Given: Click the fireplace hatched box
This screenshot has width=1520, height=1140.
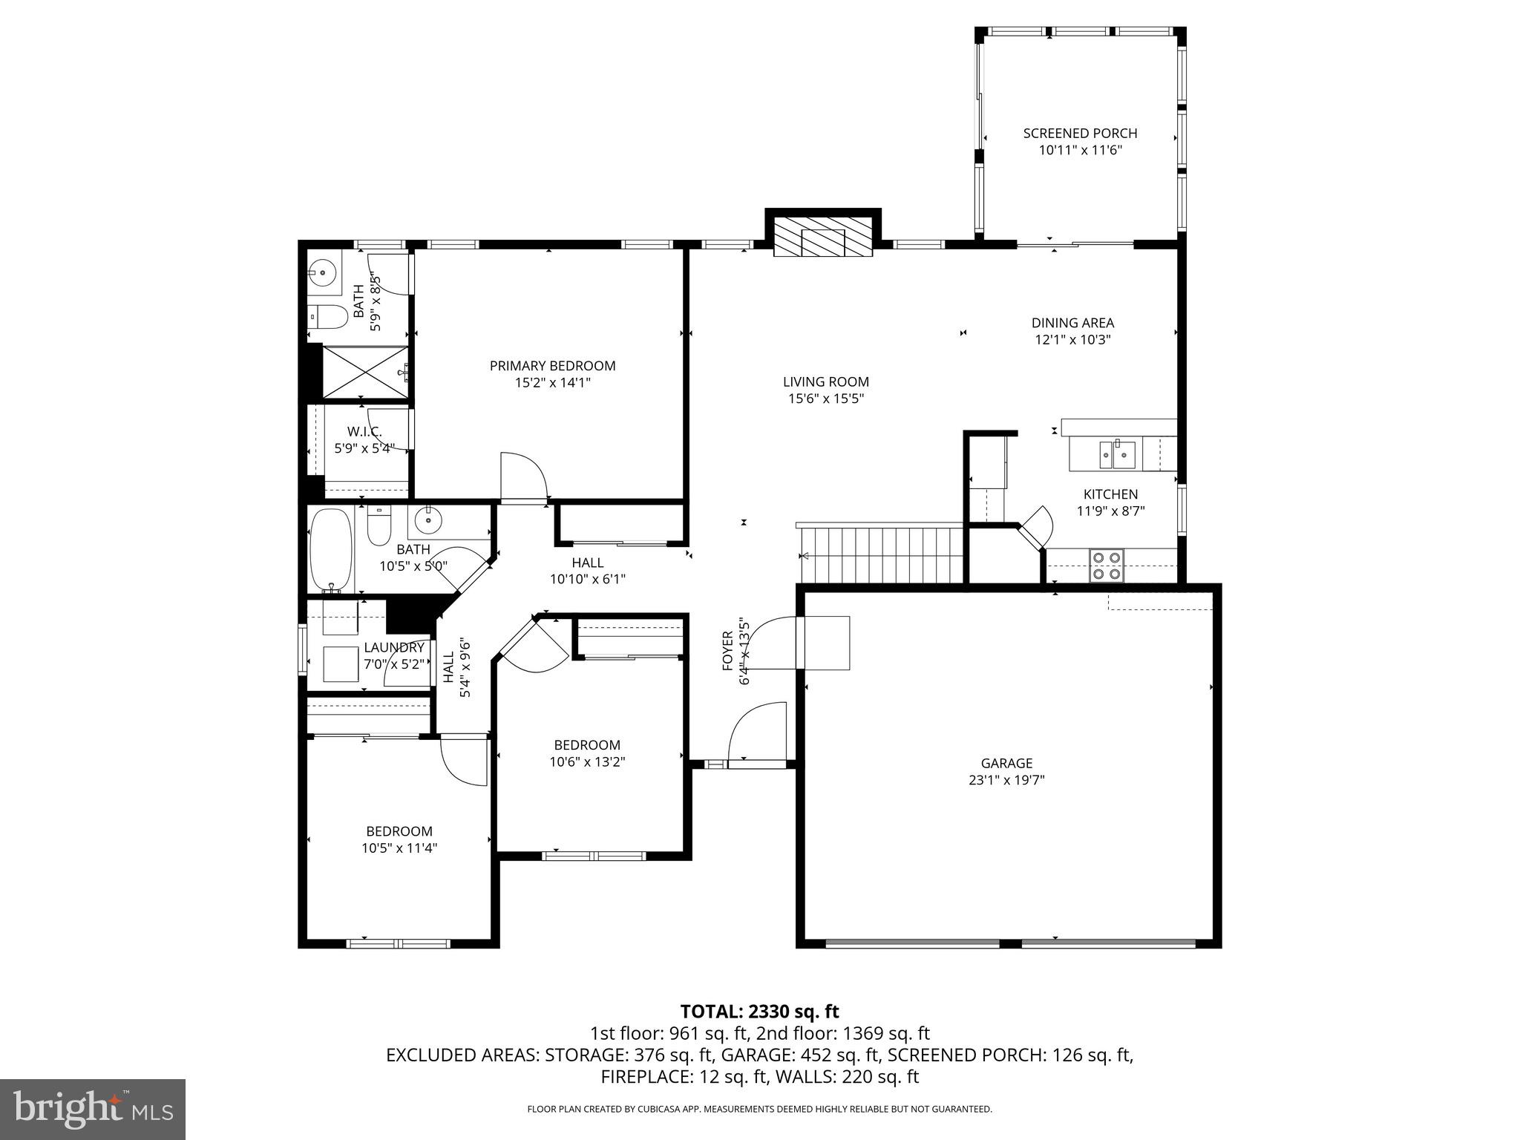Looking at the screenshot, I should (822, 237).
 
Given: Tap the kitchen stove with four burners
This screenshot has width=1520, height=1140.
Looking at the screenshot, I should (1106, 565).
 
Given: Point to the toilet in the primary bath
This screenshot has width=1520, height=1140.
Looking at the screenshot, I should (327, 318).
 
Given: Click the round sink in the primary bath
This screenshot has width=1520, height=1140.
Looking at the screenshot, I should (322, 273).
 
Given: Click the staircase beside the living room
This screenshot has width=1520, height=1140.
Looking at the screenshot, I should (880, 555).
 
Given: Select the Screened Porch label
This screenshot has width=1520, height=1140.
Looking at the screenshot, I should (1080, 134).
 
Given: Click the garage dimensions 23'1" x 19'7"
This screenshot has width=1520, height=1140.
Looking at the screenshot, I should (1006, 780).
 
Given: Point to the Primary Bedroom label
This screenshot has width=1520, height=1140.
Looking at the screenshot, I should (552, 366).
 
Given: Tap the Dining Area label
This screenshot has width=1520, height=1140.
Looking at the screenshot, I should (1072, 323).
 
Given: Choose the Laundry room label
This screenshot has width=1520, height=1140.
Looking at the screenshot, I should (394, 648).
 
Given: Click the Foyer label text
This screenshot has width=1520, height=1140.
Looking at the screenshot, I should (728, 651).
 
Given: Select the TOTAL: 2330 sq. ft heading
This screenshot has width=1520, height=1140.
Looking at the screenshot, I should (759, 1012).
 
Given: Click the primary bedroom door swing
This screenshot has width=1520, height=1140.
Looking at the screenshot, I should (523, 477).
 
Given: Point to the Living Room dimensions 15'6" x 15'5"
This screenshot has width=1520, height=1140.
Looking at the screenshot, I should (825, 399).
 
